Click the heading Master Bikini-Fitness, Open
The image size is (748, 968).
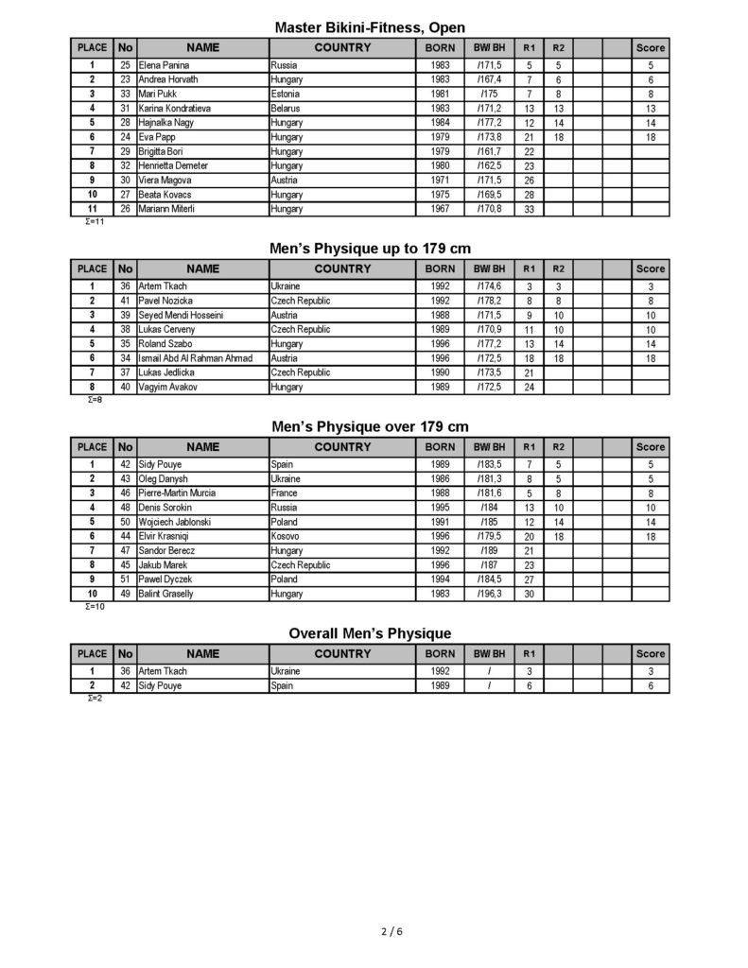tap(370, 27)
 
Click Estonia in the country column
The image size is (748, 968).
tap(285, 95)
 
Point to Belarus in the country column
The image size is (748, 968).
tap(285, 109)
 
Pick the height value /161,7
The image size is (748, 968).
tap(489, 151)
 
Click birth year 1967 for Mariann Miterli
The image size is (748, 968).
tap(440, 208)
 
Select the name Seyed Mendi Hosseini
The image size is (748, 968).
tap(181, 316)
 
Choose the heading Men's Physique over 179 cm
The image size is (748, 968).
tap(370, 427)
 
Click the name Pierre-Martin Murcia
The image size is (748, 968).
tap(177, 493)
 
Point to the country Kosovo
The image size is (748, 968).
tap(285, 536)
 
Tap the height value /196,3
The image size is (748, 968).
tap(489, 593)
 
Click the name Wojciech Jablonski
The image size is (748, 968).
tap(178, 522)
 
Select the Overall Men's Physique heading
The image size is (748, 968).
tap(370, 633)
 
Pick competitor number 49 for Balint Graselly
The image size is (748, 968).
tap(125, 593)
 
